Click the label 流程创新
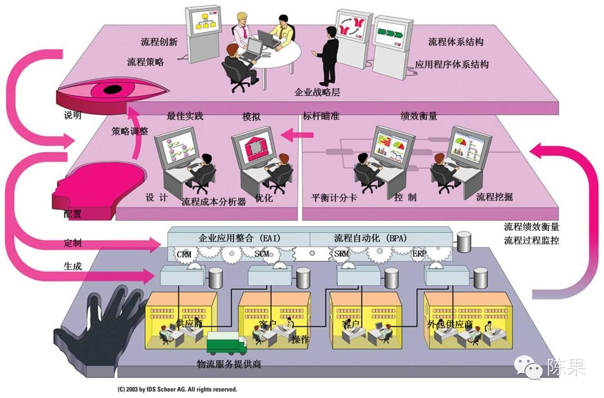(x=159, y=42)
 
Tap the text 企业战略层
(x=317, y=92)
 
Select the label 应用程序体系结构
(x=451, y=64)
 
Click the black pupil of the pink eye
(x=113, y=90)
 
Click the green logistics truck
(x=226, y=343)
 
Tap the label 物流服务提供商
(x=229, y=364)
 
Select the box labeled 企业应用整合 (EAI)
(x=239, y=238)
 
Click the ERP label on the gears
(x=419, y=253)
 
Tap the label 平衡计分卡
(x=334, y=198)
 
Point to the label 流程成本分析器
(x=214, y=202)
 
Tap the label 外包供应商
(x=450, y=323)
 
